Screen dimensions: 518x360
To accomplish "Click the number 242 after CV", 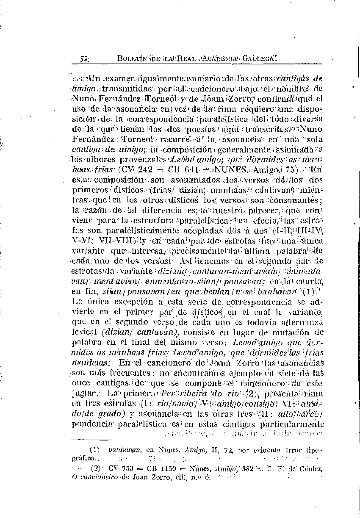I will pos(145,169).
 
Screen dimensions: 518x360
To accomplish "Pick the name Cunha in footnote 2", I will pos(311,468).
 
